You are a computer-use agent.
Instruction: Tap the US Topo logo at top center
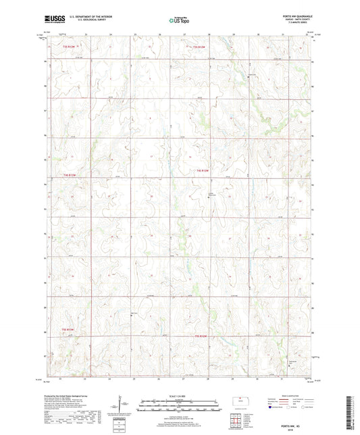[x=178, y=20]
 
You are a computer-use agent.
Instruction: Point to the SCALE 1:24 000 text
[x=178, y=396]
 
